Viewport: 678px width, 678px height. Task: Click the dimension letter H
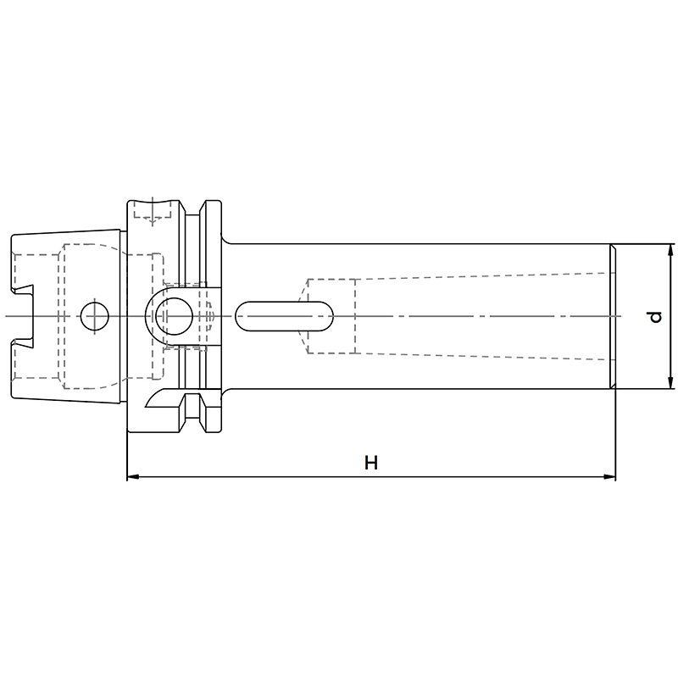pyautogui.click(x=371, y=462)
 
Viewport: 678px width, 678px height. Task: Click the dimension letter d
pyautogui.click(x=655, y=317)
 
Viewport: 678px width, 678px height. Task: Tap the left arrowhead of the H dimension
pyautogui.click(x=133, y=477)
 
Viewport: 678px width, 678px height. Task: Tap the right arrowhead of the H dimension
pyautogui.click(x=609, y=477)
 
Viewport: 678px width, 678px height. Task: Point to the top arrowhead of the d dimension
pyautogui.click(x=670, y=250)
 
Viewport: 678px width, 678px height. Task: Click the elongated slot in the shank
pyautogui.click(x=284, y=316)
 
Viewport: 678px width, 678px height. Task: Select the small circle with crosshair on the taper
pyautogui.click(x=95, y=316)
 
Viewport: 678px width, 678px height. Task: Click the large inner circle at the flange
pyautogui.click(x=174, y=316)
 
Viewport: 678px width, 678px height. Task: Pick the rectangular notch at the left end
pyautogui.click(x=23, y=316)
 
